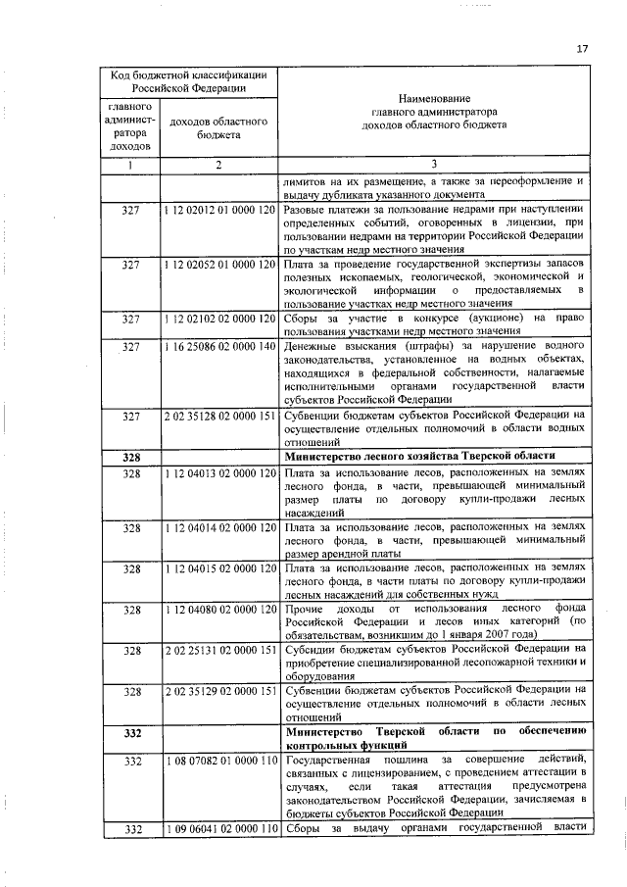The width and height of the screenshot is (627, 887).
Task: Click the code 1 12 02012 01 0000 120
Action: click(219, 211)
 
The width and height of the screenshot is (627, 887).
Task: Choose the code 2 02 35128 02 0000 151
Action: click(219, 415)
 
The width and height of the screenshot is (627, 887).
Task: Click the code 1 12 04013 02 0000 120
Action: click(219, 473)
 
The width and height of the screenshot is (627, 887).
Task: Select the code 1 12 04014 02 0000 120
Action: click(219, 527)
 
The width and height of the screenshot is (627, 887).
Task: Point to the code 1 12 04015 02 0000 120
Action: click(219, 568)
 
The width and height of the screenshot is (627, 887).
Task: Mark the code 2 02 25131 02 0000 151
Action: click(219, 650)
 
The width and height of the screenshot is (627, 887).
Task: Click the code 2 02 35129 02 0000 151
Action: click(219, 691)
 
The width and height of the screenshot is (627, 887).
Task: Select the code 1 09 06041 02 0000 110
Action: click(219, 830)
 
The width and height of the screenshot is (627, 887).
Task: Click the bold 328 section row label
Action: click(131, 457)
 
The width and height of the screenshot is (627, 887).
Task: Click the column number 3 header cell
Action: click(433, 164)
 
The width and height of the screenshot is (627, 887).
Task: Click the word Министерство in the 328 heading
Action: click(325, 457)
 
